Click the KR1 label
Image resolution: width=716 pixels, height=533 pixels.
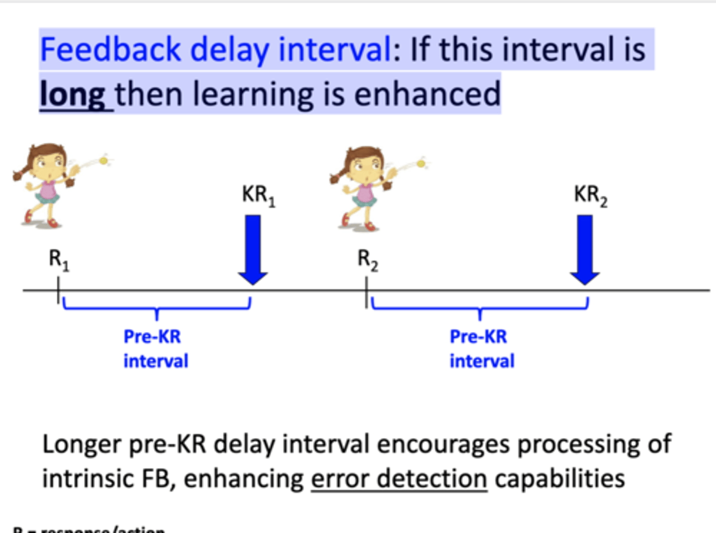258,195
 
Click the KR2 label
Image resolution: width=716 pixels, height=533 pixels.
590,195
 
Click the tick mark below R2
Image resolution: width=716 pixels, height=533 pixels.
367,291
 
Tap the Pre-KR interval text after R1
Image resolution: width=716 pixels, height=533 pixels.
155,348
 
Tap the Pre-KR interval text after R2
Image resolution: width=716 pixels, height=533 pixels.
481,348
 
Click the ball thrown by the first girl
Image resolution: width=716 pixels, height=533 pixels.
103,160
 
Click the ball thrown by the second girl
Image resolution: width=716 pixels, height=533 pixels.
421,163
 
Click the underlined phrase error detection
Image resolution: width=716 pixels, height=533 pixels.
399,479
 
